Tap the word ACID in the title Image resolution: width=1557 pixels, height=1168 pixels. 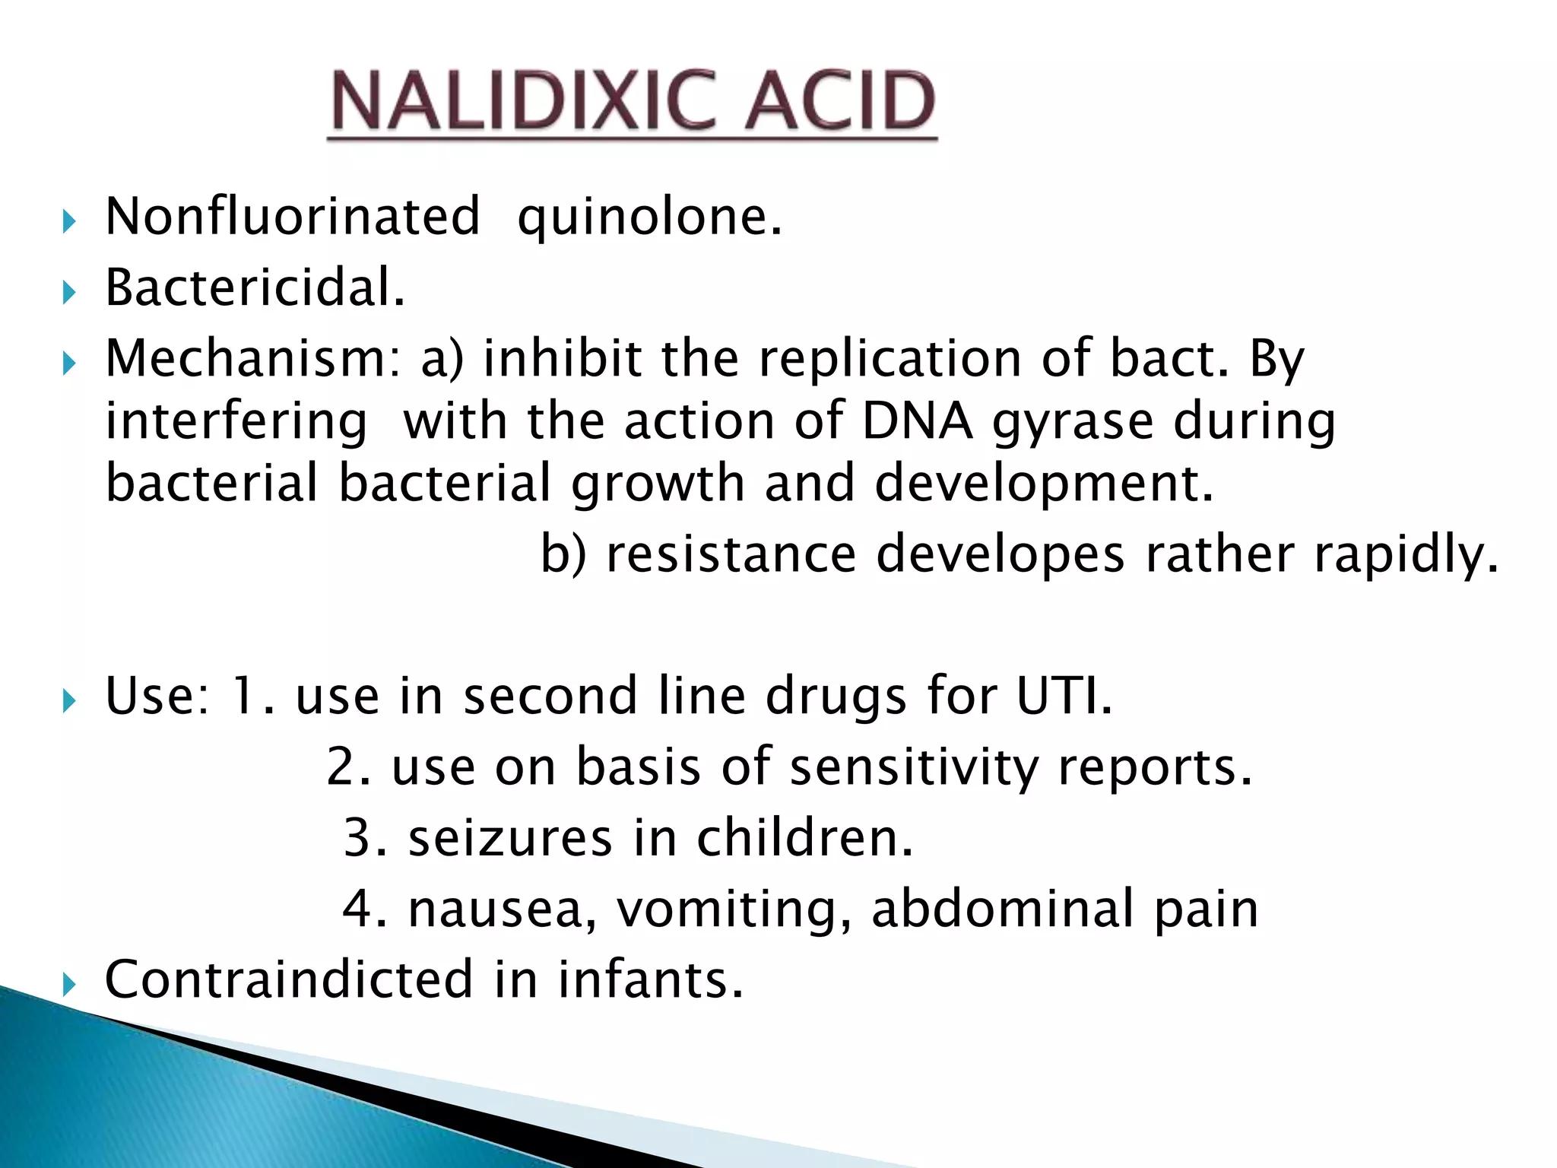pyautogui.click(x=839, y=101)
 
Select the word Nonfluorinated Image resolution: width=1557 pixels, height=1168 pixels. pyautogui.click(x=293, y=217)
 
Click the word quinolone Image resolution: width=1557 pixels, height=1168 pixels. pyautogui.click(x=648, y=218)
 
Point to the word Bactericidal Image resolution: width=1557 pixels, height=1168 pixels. pyautogui.click(x=255, y=288)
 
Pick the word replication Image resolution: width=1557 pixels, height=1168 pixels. pyautogui.click(x=890, y=360)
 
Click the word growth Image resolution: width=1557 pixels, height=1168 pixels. pyautogui.click(x=658, y=484)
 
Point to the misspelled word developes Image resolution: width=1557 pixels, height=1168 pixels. pyautogui.click(x=1000, y=555)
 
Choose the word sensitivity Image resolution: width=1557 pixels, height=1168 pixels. pyautogui.click(x=914, y=766)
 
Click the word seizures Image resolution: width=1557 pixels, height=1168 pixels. pyautogui.click(x=509, y=838)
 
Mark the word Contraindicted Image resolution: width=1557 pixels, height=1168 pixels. pyautogui.click(x=289, y=979)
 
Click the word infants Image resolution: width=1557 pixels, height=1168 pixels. pyautogui.click(x=649, y=979)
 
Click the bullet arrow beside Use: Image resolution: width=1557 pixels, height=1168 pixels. pyautogui.click(x=69, y=700)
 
